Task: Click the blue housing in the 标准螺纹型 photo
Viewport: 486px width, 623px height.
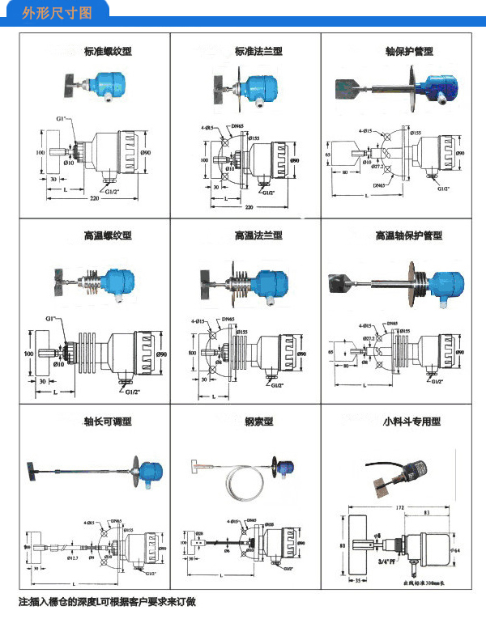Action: click(x=105, y=83)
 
